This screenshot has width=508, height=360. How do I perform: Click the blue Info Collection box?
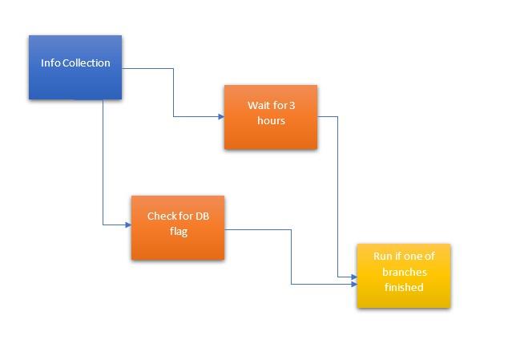75,67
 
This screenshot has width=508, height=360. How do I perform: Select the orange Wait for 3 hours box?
271,117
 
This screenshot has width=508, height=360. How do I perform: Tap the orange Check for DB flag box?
178,228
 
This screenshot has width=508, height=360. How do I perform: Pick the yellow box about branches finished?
404,276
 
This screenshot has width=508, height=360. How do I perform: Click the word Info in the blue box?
50,63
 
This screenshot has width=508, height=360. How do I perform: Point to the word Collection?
87,63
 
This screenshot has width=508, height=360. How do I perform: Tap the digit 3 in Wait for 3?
292,105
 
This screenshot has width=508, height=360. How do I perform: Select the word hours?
271,120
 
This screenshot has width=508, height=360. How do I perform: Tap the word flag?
179,232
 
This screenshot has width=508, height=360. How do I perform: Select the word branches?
405,272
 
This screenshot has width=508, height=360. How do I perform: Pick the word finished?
404,287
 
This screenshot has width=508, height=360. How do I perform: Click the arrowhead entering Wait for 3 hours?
221,117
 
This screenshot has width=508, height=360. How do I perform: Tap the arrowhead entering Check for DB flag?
128,224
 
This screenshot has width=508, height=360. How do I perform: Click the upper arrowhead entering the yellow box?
354,277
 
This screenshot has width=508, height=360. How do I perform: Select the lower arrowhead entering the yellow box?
354,285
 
